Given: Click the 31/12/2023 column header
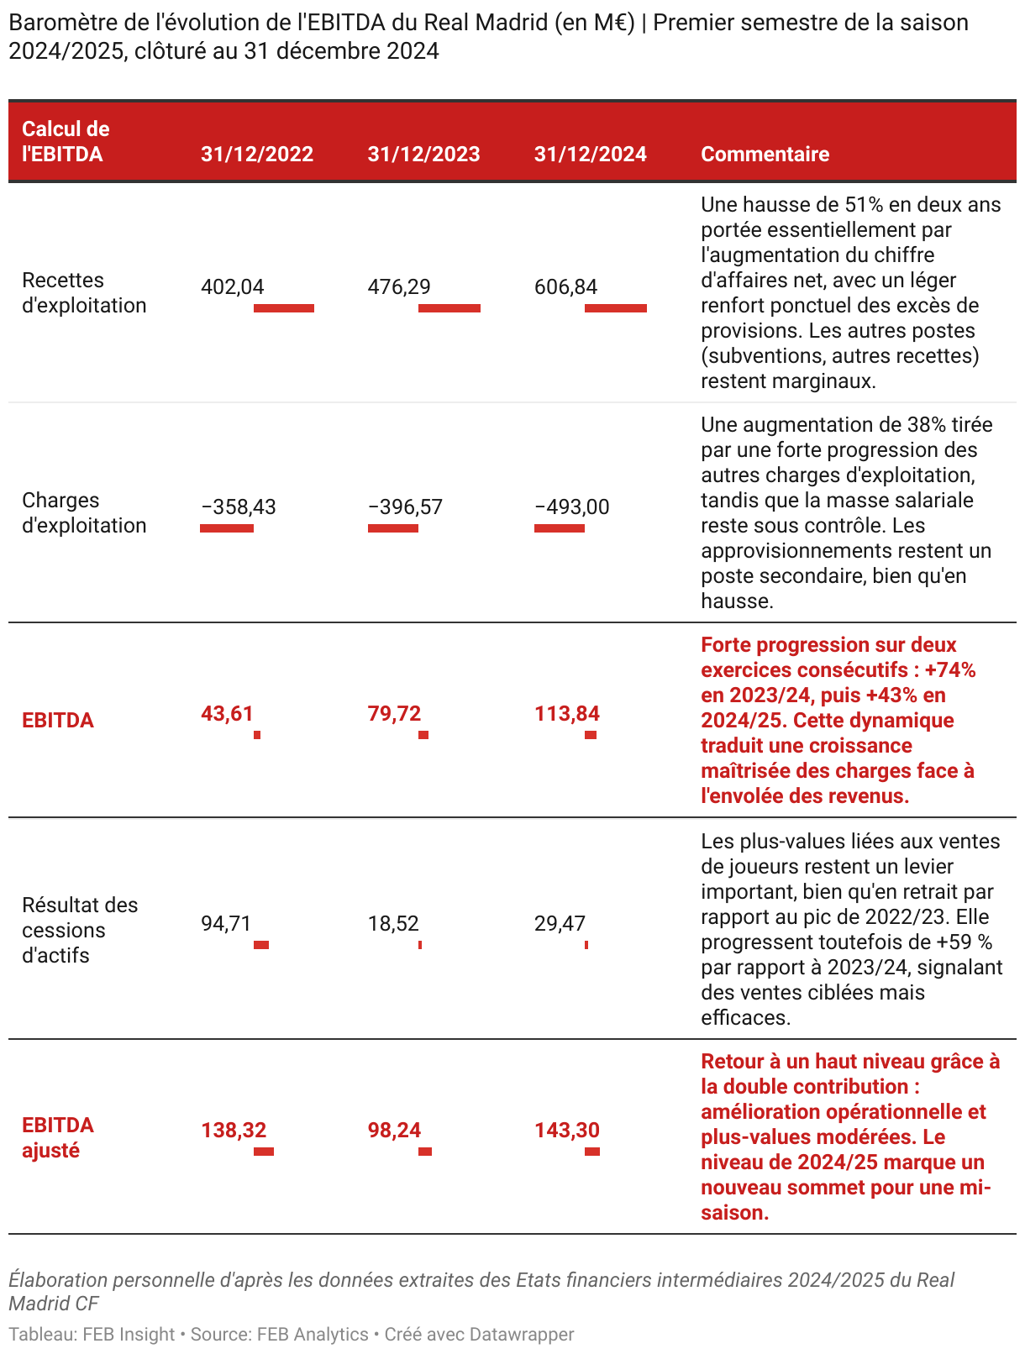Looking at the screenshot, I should pos(423,154).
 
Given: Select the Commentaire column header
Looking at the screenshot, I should pos(765,154).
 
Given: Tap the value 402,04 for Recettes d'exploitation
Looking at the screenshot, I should pos(233,287).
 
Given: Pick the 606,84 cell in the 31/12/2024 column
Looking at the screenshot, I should pos(565,287).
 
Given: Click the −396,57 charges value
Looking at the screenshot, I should pos(405,507).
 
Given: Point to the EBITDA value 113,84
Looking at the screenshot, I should pos(567,714).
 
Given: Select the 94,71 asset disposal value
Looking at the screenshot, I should pos(226,924).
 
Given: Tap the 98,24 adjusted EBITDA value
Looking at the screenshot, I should pos(394,1131).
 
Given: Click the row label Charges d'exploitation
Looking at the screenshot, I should pos(84,512).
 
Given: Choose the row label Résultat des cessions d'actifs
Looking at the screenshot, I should pos(80,930).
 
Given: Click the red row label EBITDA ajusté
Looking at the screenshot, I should pos(58,1137).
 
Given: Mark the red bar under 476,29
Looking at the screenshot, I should pos(449,308).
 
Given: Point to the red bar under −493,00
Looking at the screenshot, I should pos(560,528).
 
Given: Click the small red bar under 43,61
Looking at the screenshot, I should pos(257,735).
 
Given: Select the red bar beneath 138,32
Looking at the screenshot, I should pos(264,1152).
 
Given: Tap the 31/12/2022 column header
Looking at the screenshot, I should pos(257,154).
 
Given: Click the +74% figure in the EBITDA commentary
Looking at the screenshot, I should pos(950,670).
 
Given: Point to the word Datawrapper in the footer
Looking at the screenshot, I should pos(522,1335).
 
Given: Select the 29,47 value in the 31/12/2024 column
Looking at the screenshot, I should pos(560,924).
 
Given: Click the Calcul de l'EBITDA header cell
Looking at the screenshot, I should pos(66,141).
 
